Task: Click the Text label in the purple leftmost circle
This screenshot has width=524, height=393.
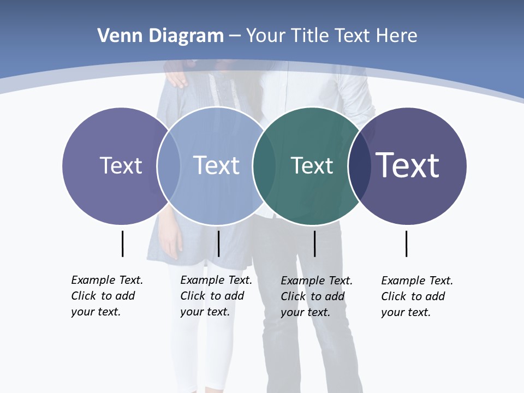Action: [121, 165]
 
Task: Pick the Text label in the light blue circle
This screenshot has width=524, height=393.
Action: [217, 165]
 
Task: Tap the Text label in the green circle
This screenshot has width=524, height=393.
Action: [312, 165]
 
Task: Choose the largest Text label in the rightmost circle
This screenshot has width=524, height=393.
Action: [408, 165]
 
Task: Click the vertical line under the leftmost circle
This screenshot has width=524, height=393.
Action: [123, 243]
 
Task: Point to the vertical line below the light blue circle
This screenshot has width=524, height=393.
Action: [218, 243]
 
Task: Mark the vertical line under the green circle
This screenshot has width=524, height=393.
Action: [314, 243]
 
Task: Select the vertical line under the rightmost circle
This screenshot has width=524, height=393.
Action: [406, 243]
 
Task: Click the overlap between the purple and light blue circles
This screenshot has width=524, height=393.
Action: [169, 165]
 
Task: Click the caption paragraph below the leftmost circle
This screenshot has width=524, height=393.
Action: [107, 296]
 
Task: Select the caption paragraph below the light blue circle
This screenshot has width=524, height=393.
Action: [216, 296]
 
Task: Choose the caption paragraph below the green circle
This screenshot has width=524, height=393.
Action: [317, 296]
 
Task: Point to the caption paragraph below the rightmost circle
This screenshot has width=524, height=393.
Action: [417, 296]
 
